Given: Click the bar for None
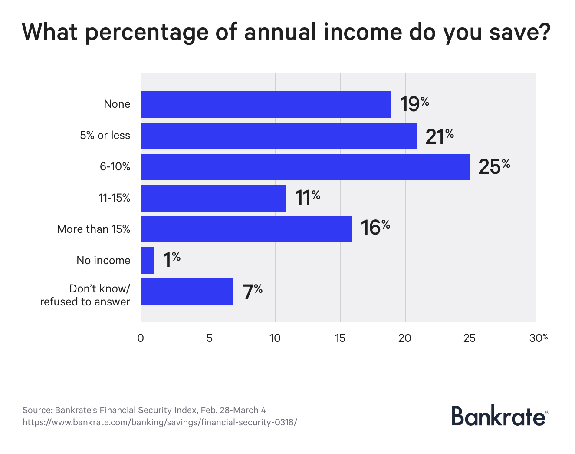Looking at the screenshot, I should (266, 104).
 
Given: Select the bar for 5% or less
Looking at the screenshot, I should (279, 136).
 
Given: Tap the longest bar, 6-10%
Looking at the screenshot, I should (305, 167).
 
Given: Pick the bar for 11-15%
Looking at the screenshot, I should (214, 198).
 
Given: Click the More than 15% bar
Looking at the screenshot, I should (246, 229).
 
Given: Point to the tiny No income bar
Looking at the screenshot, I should (148, 261).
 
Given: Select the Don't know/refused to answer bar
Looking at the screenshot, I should (187, 292).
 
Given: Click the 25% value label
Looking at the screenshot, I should (494, 167).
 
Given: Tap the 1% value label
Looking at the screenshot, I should (171, 260).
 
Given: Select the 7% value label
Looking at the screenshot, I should (252, 292).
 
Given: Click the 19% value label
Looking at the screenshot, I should (414, 104).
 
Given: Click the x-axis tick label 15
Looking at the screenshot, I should (340, 338).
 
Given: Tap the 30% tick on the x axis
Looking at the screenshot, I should (538, 338).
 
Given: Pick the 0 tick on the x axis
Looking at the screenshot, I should (141, 338).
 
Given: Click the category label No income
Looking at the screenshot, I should (103, 261).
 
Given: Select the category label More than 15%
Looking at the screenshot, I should (94, 229).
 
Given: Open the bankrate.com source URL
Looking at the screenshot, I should (160, 422).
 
